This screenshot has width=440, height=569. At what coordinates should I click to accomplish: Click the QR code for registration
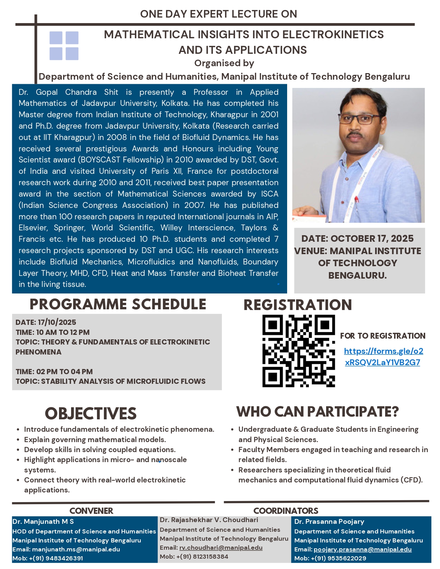299,351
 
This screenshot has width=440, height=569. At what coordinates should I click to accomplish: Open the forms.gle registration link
383,357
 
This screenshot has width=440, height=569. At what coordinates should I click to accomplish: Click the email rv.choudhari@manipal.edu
221,548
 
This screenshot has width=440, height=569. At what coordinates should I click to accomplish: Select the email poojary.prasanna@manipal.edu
362,549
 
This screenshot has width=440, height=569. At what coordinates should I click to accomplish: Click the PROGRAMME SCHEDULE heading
118,304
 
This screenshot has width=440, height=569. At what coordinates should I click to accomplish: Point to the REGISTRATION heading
297,305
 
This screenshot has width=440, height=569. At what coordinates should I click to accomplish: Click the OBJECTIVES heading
91,413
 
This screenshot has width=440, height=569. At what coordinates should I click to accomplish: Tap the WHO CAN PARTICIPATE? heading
317,411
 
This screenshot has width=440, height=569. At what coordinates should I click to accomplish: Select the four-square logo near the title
64,46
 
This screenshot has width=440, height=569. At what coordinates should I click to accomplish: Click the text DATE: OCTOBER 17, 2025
357,238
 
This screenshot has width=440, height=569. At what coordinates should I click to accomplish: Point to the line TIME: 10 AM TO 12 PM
52,332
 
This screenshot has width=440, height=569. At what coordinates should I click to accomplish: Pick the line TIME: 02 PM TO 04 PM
54,372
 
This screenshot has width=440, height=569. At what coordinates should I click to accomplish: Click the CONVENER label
91,511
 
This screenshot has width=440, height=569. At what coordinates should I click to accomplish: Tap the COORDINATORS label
286,511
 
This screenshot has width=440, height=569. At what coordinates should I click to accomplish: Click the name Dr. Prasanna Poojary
329,522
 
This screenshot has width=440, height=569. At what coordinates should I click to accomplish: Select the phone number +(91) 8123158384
202,557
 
